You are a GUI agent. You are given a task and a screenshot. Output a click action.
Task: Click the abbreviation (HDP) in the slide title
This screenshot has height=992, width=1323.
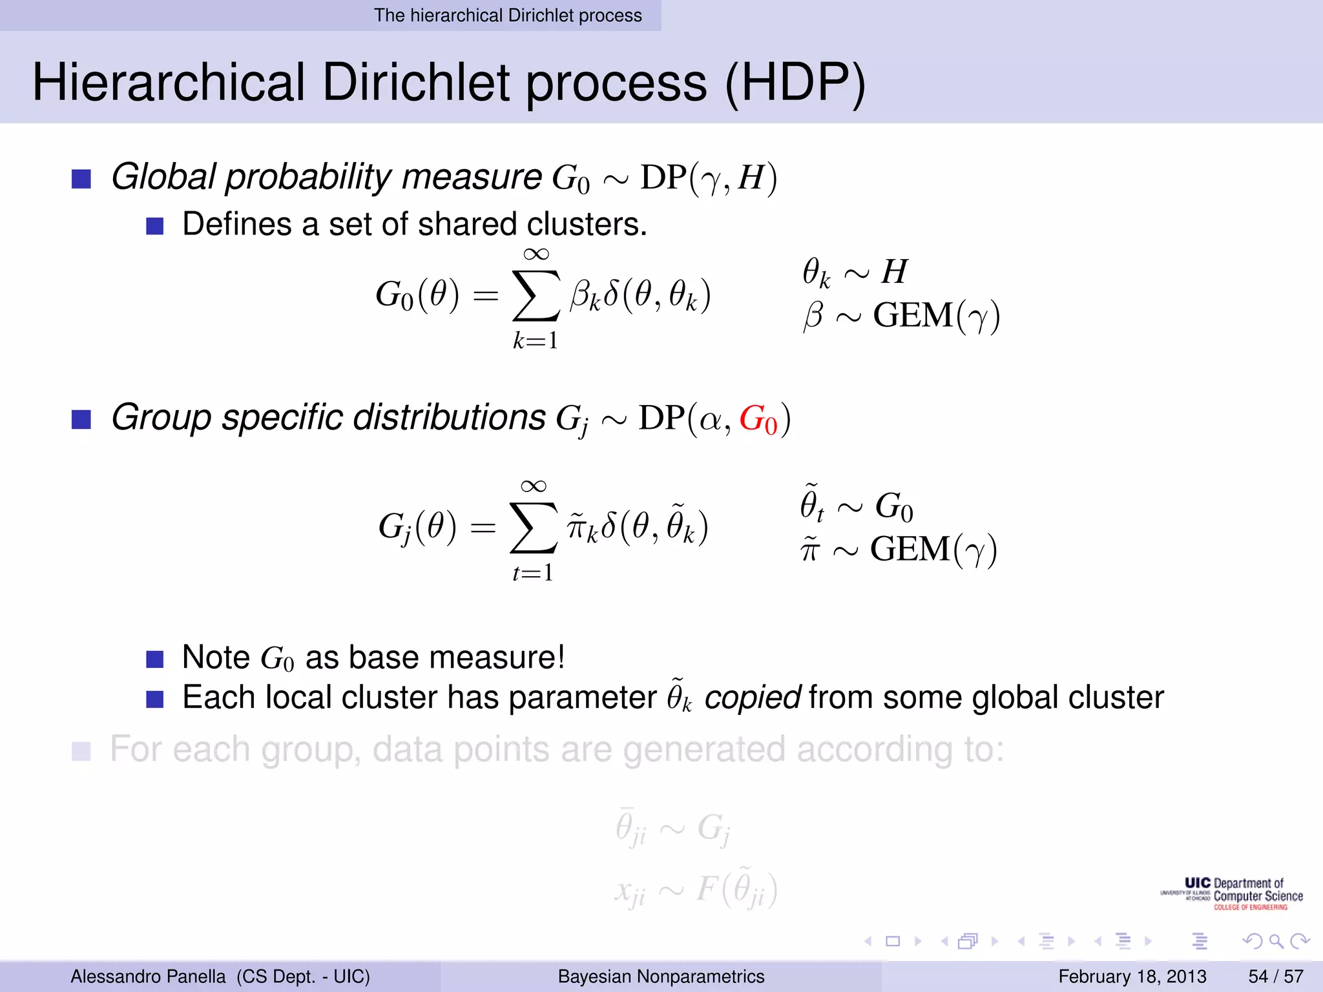pos(795,83)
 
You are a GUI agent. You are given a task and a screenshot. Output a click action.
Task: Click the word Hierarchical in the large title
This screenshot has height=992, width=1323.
pos(169,83)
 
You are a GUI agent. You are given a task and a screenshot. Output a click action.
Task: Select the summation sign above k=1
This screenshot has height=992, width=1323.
pos(536,295)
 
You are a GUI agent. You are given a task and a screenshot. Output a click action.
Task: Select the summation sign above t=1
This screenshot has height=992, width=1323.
pos(533,528)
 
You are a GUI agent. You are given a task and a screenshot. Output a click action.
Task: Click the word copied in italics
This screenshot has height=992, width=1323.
pos(752,697)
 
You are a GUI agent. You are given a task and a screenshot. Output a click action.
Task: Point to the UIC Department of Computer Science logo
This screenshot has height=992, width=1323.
pos(1231,894)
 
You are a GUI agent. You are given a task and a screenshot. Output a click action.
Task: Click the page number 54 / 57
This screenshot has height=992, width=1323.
pos(1275,976)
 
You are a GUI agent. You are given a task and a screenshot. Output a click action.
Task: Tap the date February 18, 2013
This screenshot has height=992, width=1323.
pos(1132,976)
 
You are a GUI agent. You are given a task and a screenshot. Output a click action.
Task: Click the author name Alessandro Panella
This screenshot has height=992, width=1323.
pos(148,976)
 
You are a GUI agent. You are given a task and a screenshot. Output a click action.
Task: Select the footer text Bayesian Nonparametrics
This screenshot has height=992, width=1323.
pos(661,976)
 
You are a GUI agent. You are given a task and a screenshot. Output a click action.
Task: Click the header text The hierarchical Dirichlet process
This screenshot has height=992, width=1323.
pos(508,15)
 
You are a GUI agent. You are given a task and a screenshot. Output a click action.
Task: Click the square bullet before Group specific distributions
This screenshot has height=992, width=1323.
pos(81,420)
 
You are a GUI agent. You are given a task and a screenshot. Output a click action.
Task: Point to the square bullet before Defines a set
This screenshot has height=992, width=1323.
pos(155,226)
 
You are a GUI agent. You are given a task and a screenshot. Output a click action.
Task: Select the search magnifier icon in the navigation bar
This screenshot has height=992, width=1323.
pos(1275,941)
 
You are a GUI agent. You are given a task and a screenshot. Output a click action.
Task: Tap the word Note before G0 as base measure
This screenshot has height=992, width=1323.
pos(216,657)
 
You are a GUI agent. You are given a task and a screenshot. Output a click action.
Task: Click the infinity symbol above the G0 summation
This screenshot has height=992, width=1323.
pos(536,254)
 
